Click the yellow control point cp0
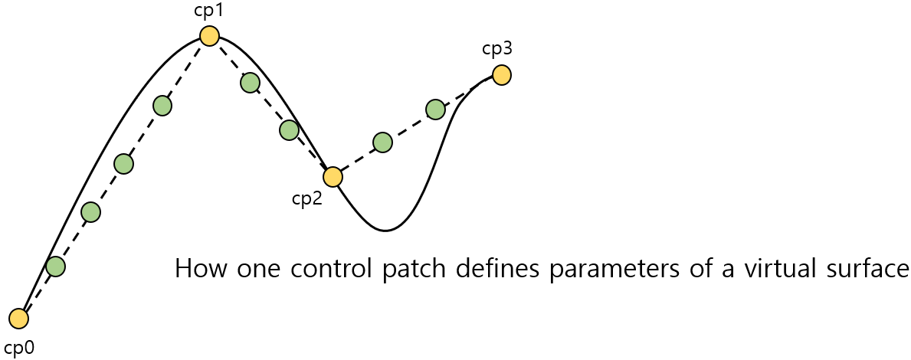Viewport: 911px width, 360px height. tap(19, 318)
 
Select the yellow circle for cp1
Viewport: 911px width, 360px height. tap(209, 36)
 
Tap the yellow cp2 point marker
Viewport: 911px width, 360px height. tap(333, 177)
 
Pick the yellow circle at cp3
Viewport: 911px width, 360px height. tap(501, 75)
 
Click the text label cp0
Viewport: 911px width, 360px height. tap(19, 347)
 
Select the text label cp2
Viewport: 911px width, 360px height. tap(306, 198)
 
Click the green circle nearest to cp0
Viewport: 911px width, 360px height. tap(55, 267)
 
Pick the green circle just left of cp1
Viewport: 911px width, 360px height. tap(162, 106)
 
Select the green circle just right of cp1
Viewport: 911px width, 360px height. tap(250, 83)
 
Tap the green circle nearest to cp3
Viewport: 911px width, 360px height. tap(435, 110)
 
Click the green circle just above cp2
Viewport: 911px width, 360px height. tap(289, 130)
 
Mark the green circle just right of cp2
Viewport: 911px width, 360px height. tap(382, 142)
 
